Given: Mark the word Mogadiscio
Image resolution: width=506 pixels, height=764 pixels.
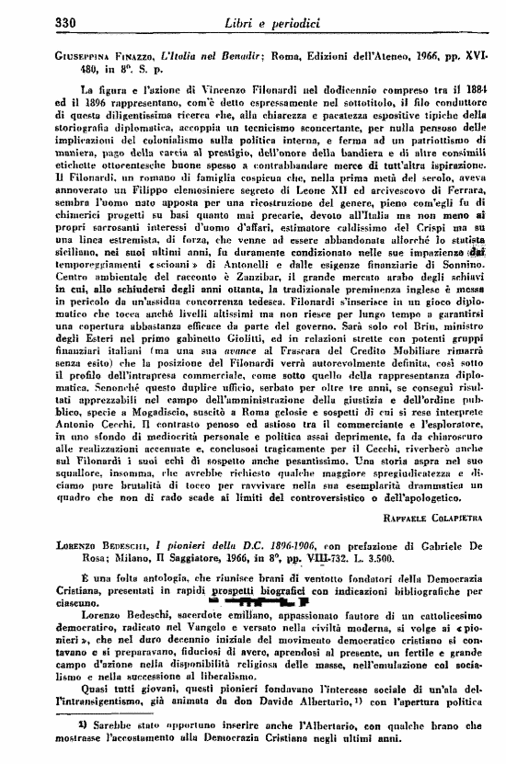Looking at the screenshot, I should [x=153, y=387].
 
